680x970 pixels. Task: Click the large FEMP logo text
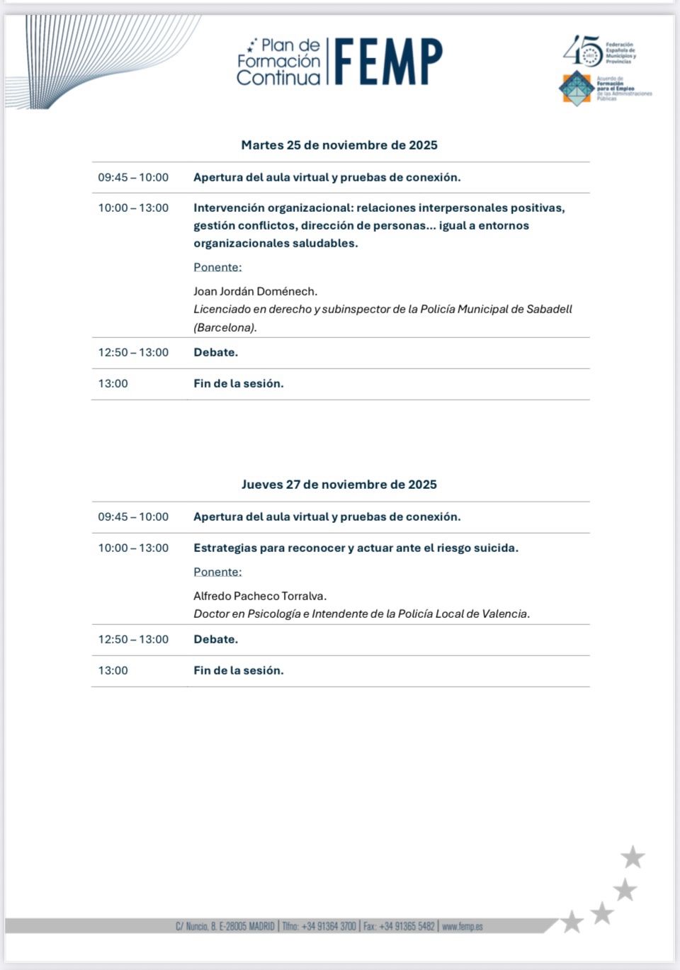388,62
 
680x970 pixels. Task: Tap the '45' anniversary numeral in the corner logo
582,51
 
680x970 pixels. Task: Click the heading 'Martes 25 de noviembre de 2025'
339,145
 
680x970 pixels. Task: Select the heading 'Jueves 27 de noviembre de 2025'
339,485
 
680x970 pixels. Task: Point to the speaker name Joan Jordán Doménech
255,291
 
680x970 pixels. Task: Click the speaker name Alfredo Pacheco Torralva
260,596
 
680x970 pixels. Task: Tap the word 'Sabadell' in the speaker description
549,309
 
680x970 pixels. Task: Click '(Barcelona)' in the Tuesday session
225,327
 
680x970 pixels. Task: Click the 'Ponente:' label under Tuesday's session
217,267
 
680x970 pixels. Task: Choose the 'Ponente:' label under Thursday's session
217,572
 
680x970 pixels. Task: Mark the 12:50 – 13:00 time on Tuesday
133,352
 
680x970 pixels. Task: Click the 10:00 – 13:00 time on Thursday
133,548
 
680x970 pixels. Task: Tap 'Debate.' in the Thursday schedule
215,639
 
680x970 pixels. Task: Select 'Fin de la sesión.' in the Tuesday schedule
238,383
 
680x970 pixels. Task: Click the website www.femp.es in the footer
463,926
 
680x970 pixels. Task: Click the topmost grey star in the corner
633,857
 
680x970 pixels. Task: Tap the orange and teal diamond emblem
577,88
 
